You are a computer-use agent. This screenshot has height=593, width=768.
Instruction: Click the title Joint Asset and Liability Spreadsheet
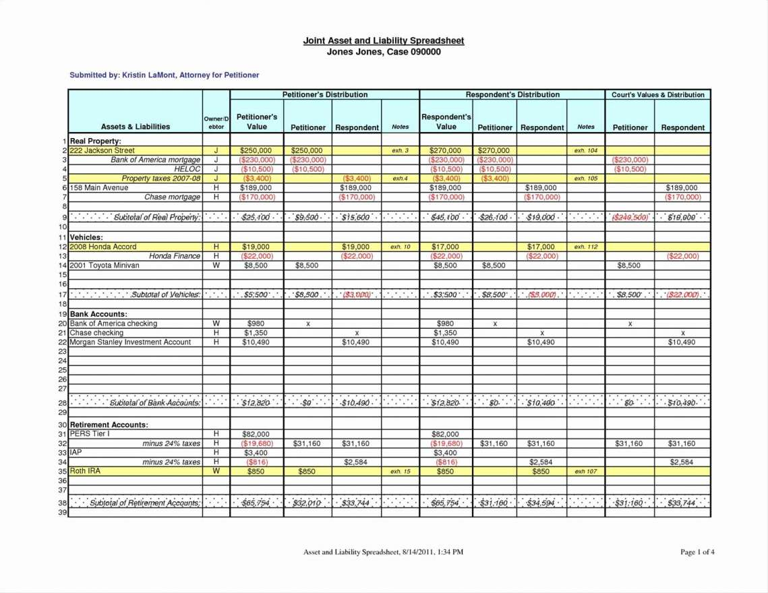[x=383, y=41]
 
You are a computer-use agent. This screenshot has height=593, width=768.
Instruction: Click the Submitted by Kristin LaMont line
[x=165, y=75]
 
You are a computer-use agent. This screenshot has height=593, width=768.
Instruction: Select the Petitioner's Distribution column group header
[x=324, y=95]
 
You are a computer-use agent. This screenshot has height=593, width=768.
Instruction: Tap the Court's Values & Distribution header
[x=657, y=95]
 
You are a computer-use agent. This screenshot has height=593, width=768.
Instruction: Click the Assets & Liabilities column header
[x=136, y=127]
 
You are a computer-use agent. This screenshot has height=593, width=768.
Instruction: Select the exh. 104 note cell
[x=585, y=151]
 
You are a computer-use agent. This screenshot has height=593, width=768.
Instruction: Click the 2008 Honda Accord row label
[x=103, y=247]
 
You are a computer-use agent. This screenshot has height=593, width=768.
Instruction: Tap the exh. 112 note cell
[x=585, y=247]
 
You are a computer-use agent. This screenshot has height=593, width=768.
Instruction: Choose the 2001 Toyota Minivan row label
[x=105, y=266]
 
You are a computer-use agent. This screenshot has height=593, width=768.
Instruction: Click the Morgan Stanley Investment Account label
[x=130, y=342]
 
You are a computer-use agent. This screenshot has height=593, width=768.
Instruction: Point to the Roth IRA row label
[x=85, y=472]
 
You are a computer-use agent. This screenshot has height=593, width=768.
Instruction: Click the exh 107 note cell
[x=585, y=472]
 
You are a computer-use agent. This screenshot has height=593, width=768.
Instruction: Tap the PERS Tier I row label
[x=90, y=434]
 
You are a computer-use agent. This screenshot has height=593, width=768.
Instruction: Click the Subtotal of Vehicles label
[x=165, y=295]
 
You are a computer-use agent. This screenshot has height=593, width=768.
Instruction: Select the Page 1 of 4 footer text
[x=697, y=553]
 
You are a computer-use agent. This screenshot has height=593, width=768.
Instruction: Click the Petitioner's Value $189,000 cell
[x=257, y=188]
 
